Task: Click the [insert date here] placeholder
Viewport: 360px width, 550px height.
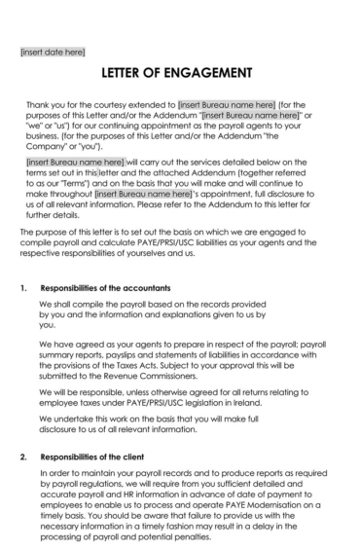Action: (x=53, y=51)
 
